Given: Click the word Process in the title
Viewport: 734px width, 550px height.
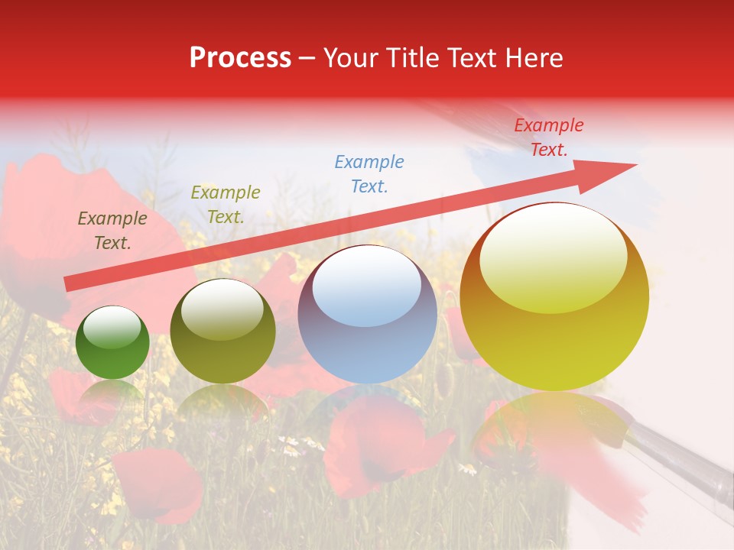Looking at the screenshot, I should (x=240, y=58).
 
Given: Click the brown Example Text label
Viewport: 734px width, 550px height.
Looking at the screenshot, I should (x=112, y=231).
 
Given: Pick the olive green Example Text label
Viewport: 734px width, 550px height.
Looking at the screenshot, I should (x=225, y=205).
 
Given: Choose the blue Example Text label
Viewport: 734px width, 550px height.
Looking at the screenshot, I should (x=369, y=173).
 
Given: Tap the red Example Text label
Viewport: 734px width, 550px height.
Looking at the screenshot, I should (x=548, y=137).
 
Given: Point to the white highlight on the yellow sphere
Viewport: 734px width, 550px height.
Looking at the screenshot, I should (x=554, y=256).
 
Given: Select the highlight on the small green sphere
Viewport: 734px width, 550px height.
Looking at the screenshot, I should (x=112, y=327).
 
